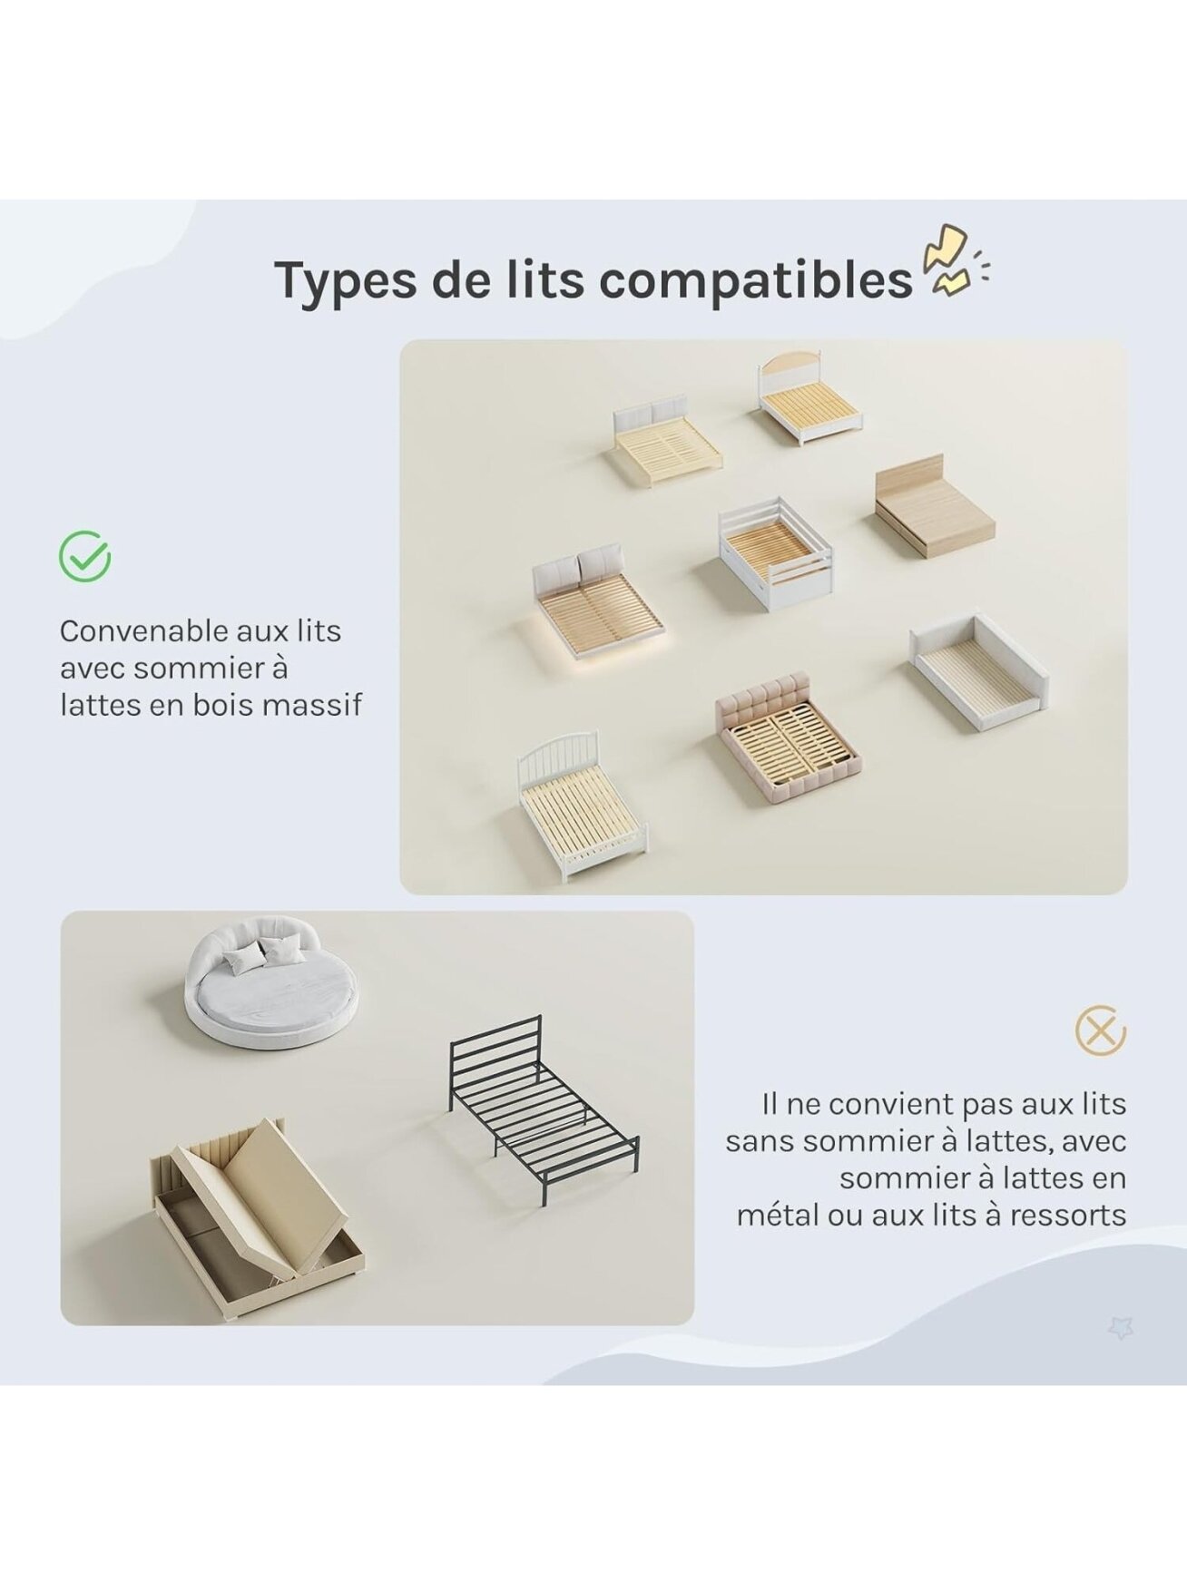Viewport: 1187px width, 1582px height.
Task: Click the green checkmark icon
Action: point(85,556)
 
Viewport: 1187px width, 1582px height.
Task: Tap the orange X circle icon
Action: point(1100,1031)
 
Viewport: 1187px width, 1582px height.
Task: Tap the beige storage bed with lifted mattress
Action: point(260,1200)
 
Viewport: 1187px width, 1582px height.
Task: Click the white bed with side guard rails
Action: point(773,553)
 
